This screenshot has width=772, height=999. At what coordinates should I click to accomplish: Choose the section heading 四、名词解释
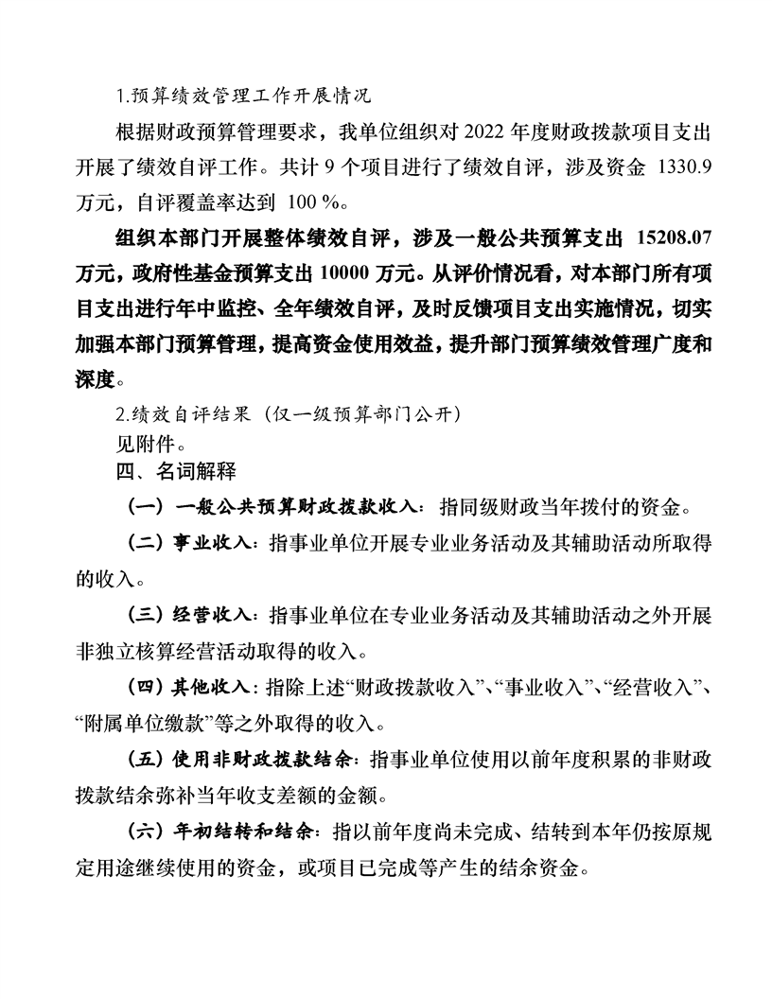(x=175, y=467)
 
